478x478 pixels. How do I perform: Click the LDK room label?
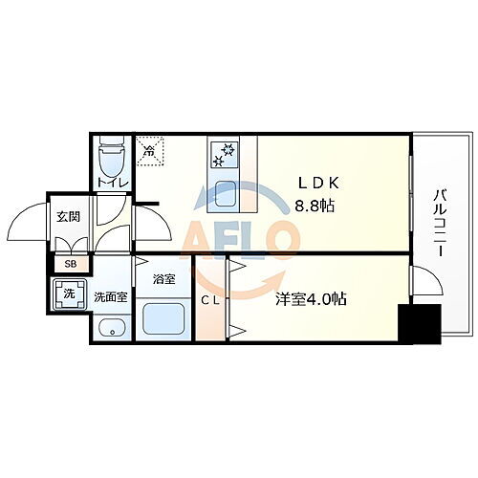pyautogui.click(x=315, y=183)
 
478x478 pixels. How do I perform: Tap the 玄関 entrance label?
pyautogui.click(x=67, y=217)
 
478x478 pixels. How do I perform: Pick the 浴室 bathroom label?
pyautogui.click(x=164, y=279)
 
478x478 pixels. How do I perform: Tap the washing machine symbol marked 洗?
pyautogui.click(x=68, y=294)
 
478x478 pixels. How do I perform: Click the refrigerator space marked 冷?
pyautogui.click(x=149, y=151)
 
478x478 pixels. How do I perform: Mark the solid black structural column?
pyautogui.click(x=419, y=326)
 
